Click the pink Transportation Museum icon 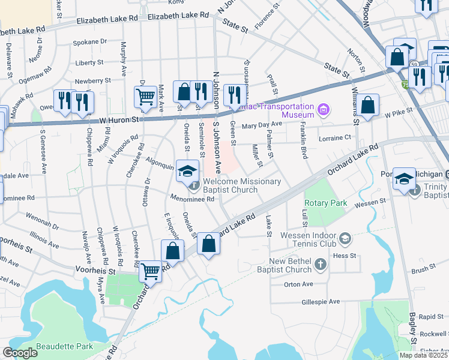tap(324, 109)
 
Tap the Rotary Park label tap(326, 203)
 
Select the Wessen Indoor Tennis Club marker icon tap(345, 239)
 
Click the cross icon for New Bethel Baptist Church tap(321, 264)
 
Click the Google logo tap(20, 353)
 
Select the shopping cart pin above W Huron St tap(145, 97)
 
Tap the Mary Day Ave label tap(262, 124)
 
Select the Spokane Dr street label tap(89, 42)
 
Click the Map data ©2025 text tap(423, 355)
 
